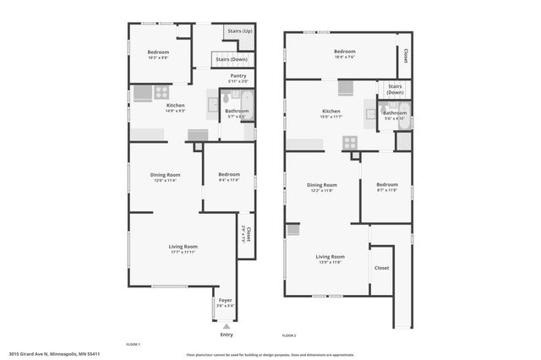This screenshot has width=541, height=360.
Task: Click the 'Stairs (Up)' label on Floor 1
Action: (241, 31)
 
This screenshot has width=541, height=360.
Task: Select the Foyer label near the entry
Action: (226, 300)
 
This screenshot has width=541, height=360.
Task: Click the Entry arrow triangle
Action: (226, 325)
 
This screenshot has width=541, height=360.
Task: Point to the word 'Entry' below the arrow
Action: (226, 335)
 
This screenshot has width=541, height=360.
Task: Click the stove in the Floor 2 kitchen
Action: (349, 143)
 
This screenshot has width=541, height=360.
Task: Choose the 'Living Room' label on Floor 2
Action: (330, 256)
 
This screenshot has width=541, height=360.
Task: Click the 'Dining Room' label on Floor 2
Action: (321, 184)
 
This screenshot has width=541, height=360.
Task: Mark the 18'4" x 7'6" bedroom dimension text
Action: (344, 57)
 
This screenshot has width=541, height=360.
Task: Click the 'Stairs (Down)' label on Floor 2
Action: (395, 89)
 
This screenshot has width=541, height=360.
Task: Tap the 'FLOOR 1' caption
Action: (133, 345)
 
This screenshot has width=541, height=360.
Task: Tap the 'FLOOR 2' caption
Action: (289, 336)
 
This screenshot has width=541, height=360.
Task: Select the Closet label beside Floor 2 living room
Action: (382, 268)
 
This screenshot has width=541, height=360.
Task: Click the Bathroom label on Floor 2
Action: (395, 112)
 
